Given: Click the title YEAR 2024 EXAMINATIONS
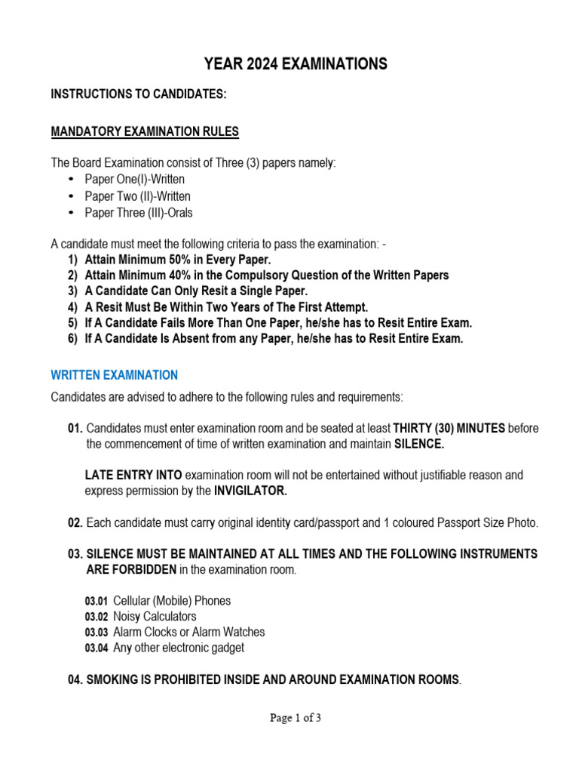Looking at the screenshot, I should tap(296, 64).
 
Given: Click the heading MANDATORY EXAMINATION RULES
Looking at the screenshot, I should tap(144, 132).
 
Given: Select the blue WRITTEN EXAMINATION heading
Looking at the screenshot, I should tap(114, 375).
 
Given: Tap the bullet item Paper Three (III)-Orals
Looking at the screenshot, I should tap(138, 213).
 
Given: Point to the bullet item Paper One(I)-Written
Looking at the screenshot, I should tap(134, 180).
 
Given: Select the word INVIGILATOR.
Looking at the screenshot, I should tap(250, 491).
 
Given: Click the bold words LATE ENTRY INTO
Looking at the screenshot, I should tap(133, 476).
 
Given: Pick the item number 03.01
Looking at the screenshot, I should tap(96, 602).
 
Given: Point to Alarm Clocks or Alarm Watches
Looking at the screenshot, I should tap(188, 632).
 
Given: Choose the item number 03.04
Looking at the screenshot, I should tap(96, 648).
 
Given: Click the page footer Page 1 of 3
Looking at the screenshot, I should tap(296, 719).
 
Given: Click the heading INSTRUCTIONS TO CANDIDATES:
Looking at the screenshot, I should tap(138, 94).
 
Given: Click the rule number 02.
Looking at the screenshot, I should tap(75, 523).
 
